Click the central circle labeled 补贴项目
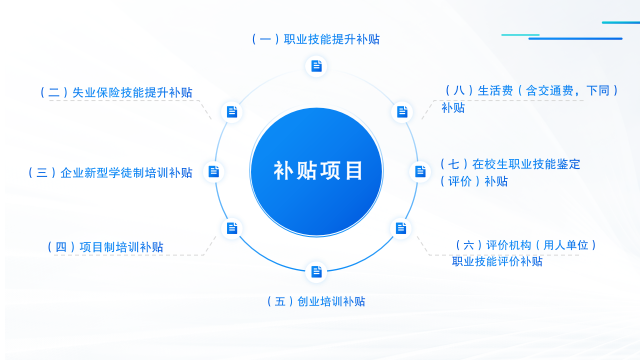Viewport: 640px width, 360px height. pyautogui.click(x=318, y=170)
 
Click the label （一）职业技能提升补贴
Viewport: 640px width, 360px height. pyautogui.click(x=317, y=40)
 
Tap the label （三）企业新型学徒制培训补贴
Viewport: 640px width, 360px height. pyautogui.click(x=109, y=173)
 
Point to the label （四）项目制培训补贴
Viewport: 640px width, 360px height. pyautogui.click(x=106, y=247)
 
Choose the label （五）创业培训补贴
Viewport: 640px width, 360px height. pyautogui.click(x=317, y=301)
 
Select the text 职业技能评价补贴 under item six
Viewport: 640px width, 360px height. pyautogui.click(x=497, y=262)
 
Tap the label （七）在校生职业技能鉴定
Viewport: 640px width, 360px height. pyautogui.click(x=510, y=163)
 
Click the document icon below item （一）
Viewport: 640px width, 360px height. pyautogui.click(x=317, y=67)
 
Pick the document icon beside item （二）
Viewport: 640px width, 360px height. pyautogui.click(x=232, y=112)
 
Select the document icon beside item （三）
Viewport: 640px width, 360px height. pyautogui.click(x=213, y=171)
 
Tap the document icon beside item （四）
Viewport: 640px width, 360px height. pyautogui.click(x=232, y=228)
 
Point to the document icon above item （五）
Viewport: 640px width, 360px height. pyautogui.click(x=317, y=271)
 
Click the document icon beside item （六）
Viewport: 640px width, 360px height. pyautogui.click(x=401, y=228)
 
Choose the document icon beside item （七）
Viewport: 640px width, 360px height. pyautogui.click(x=421, y=171)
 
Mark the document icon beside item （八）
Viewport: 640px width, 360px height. pyautogui.click(x=401, y=112)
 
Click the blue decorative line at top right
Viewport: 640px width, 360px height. pyautogui.click(x=575, y=38)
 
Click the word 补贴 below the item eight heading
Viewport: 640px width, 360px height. pyautogui.click(x=453, y=108)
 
